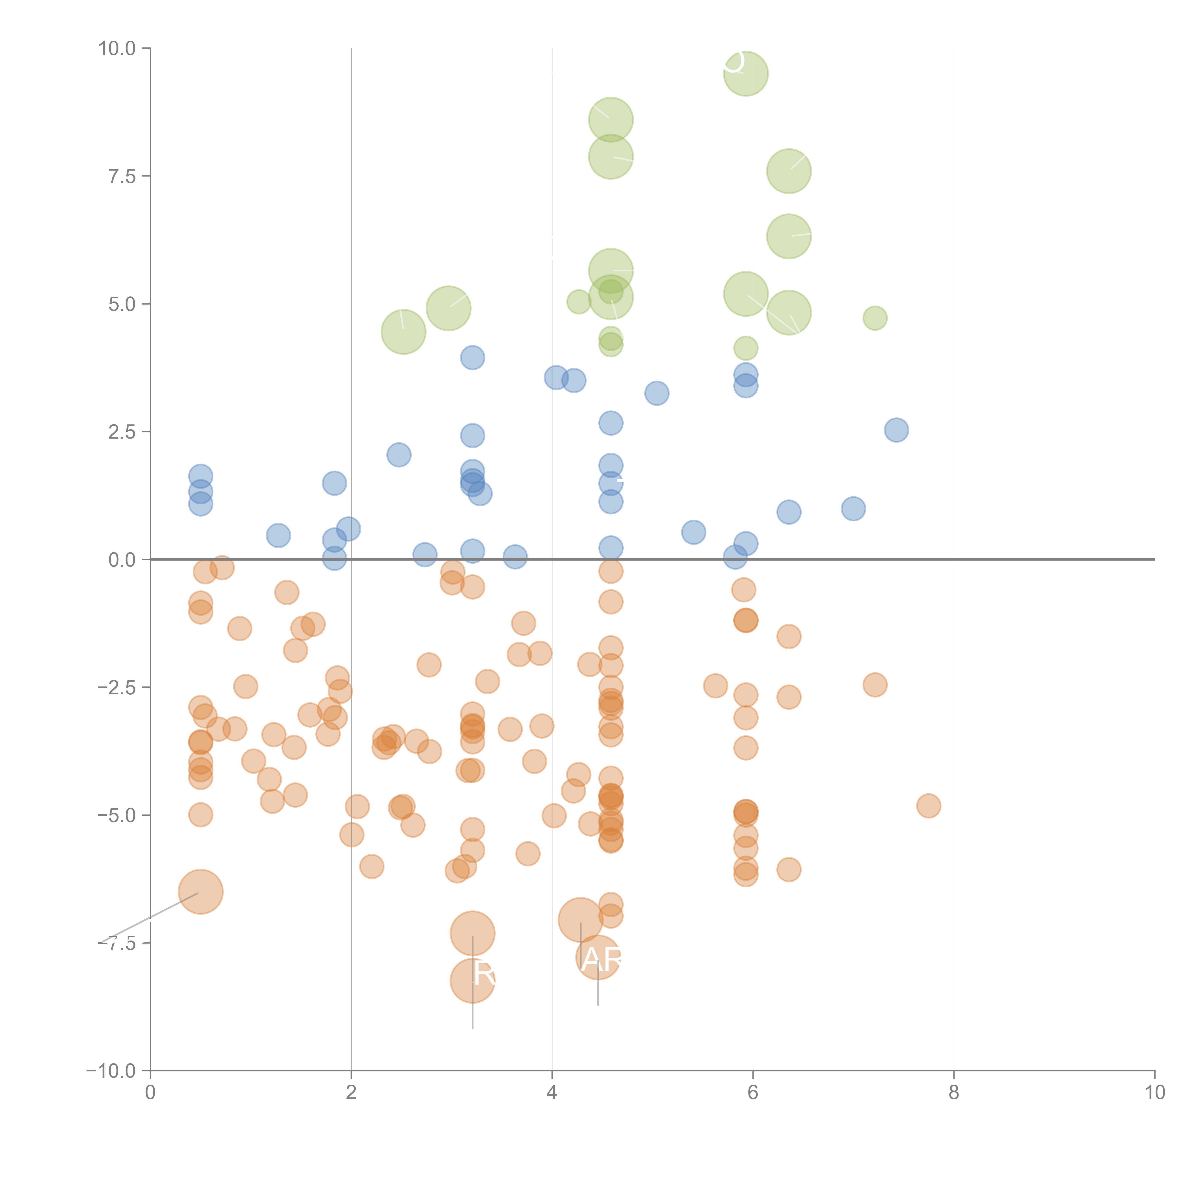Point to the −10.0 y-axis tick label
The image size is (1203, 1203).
point(111,1071)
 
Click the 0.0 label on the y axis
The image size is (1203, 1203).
point(122,560)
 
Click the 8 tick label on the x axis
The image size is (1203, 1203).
point(954,1093)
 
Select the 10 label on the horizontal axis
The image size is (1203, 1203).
point(1154,1093)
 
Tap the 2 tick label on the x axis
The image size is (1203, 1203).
point(351,1093)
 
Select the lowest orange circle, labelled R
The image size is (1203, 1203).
point(473,981)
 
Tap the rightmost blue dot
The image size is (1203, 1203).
point(896,430)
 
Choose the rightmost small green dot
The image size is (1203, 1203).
point(875,318)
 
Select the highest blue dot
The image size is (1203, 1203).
point(473,358)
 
